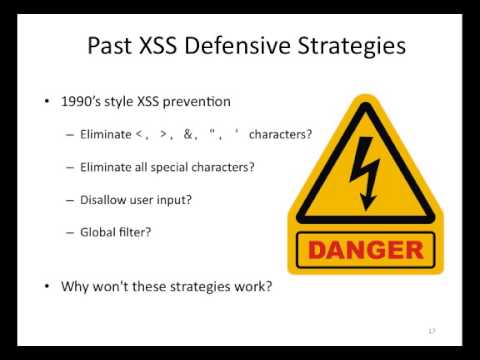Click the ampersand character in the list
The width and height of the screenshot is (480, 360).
coord(187,135)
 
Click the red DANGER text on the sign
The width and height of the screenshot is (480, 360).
coord(364,249)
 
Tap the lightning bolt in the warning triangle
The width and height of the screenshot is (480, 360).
coord(364,165)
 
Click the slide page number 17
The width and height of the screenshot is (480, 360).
coord(432,330)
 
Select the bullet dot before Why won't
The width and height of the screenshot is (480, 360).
coord(48,287)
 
